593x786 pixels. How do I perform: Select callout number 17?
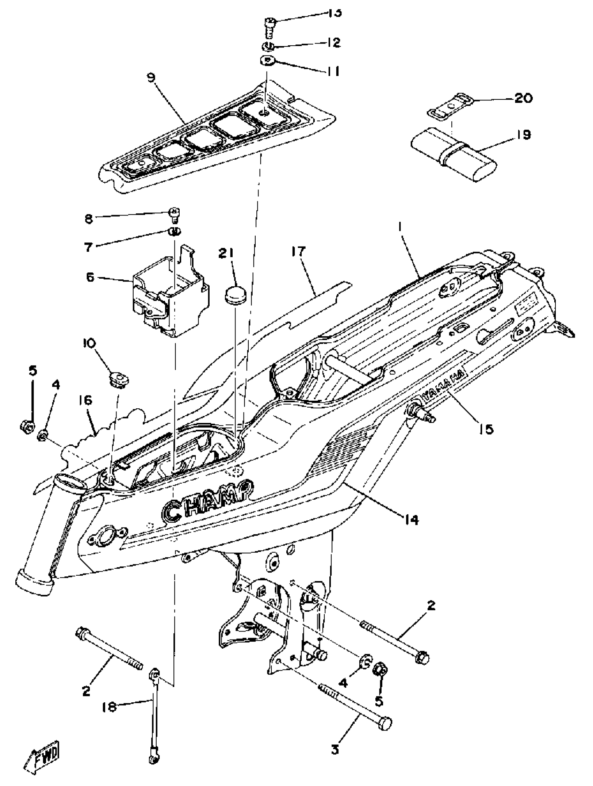click(x=298, y=251)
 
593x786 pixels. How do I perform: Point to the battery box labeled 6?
click(x=171, y=298)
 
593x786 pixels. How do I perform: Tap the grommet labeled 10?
click(x=119, y=380)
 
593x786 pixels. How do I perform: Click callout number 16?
click(x=85, y=400)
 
